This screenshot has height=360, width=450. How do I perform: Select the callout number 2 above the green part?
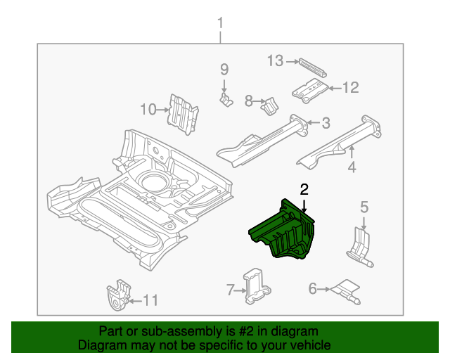[304, 189]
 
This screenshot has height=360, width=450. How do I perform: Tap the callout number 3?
[326, 124]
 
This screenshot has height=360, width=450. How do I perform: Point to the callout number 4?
[352, 167]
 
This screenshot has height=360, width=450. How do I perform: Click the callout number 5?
[364, 207]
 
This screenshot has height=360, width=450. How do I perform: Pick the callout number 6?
[312, 288]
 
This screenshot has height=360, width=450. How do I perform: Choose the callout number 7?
[230, 289]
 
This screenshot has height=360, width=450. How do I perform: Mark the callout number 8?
[248, 101]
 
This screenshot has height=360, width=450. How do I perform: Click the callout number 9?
[224, 70]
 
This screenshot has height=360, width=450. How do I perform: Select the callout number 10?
[148, 109]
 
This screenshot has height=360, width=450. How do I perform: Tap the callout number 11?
[150, 301]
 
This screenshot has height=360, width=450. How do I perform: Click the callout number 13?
[275, 61]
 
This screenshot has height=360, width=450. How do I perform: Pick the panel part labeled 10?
[183, 113]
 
